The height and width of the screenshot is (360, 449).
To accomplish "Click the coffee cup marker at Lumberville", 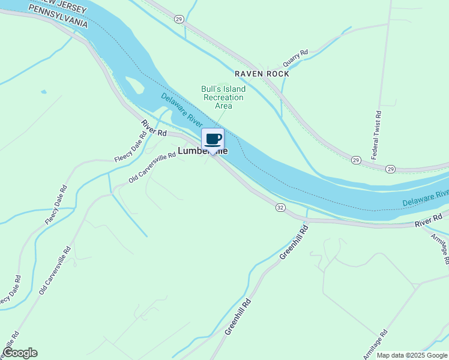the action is [x=212, y=139].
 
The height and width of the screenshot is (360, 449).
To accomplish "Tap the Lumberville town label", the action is [x=203, y=151].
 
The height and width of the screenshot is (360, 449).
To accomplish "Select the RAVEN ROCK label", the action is [x=262, y=74].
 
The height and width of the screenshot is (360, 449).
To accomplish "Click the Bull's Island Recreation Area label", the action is [x=223, y=97].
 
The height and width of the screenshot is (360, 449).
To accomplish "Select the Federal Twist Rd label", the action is [x=376, y=134].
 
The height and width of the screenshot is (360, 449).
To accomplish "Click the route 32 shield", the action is [x=280, y=207].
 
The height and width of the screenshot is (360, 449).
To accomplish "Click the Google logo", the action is [x=20, y=353].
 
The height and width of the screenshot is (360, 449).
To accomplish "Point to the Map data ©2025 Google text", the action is [x=412, y=355].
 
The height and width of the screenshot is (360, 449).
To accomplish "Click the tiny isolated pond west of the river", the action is [x=43, y=92].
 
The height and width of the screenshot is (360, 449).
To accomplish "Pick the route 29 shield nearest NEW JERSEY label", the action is [x=179, y=19].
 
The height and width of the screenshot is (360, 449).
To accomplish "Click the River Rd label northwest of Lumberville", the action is [x=154, y=127].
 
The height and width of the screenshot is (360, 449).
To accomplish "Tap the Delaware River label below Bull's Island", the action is [x=182, y=109].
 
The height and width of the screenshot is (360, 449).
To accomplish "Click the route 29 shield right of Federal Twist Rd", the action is [x=390, y=169].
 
